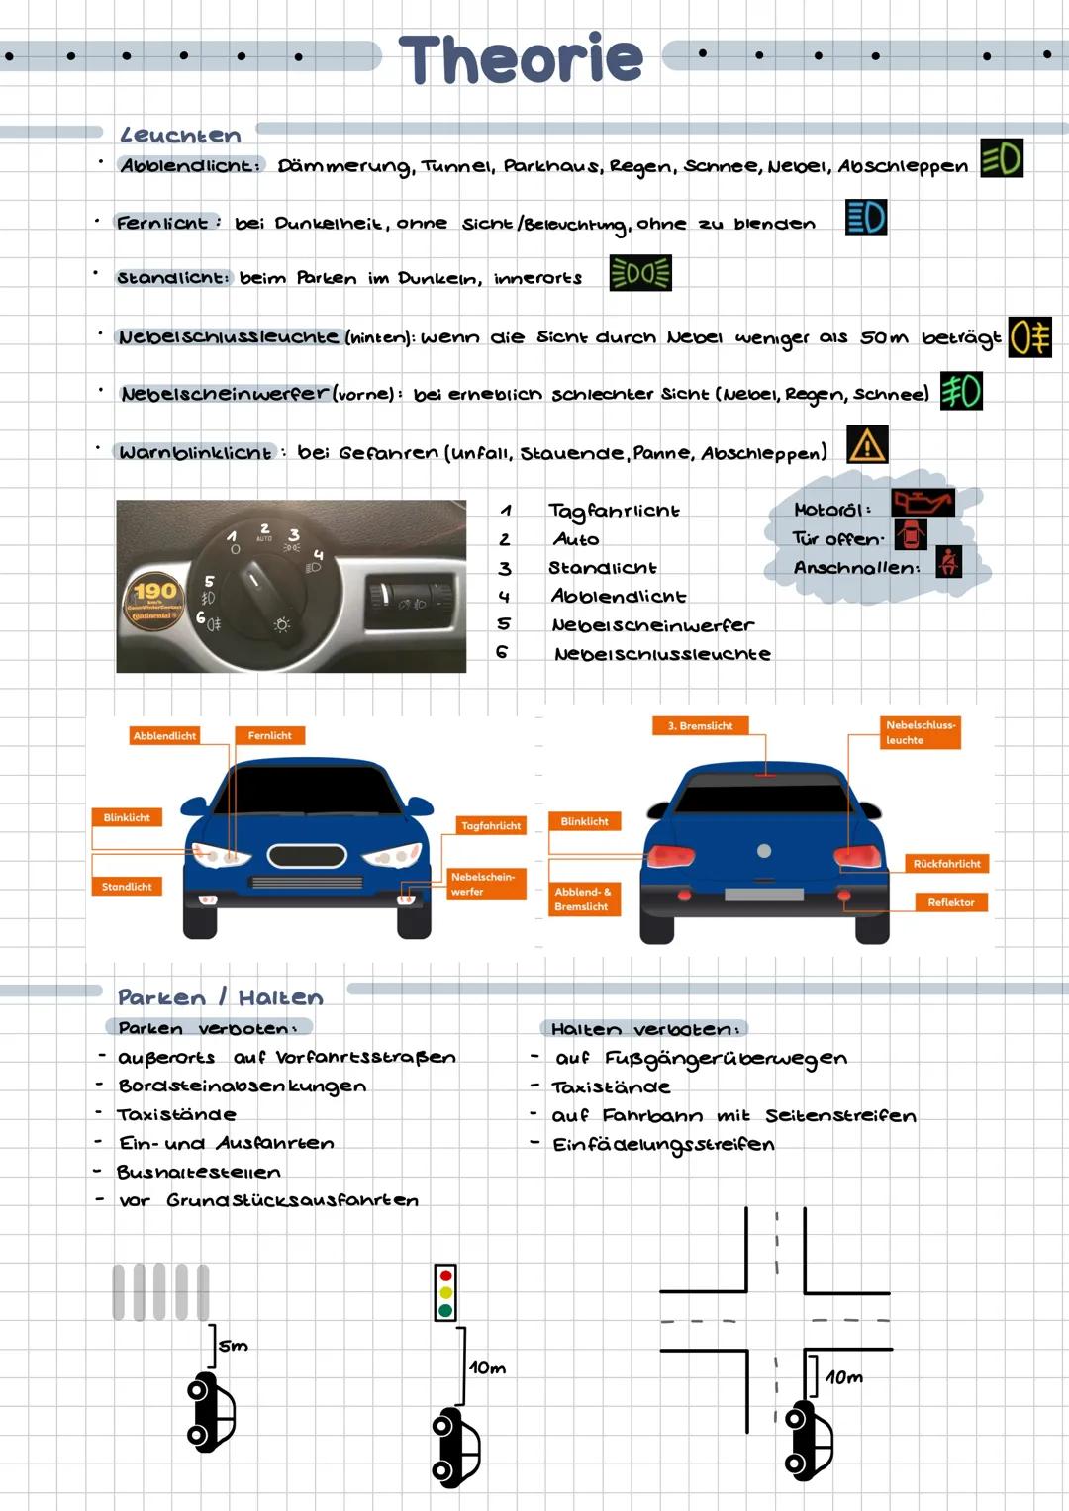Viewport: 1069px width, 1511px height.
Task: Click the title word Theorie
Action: coord(521,58)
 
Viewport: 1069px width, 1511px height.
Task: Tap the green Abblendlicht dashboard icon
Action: coord(1001,158)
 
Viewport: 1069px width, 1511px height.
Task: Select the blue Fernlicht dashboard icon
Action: coord(866,218)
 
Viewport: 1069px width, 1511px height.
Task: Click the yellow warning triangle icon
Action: coord(867,445)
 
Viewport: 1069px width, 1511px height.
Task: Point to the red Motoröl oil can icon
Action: coord(923,503)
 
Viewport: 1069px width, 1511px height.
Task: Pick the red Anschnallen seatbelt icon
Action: coord(948,563)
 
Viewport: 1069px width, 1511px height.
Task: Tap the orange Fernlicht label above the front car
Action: coord(269,735)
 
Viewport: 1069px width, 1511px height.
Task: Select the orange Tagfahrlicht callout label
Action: coord(491,825)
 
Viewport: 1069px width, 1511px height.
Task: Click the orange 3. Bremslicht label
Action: coord(700,725)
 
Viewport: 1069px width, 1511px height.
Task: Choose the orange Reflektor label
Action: coord(950,902)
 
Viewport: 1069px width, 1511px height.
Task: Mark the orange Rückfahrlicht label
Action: coord(946,864)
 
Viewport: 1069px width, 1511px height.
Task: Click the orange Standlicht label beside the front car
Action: coord(127,887)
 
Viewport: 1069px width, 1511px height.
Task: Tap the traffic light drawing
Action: coord(445,1292)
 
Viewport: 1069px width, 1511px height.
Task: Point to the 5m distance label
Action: coord(234,1346)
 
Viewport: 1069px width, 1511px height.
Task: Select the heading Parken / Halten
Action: coord(220,997)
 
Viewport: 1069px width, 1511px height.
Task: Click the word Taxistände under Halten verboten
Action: coord(611,1087)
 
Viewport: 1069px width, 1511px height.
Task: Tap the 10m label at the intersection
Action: coord(843,1377)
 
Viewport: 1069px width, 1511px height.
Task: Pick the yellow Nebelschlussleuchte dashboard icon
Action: coord(1029,337)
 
